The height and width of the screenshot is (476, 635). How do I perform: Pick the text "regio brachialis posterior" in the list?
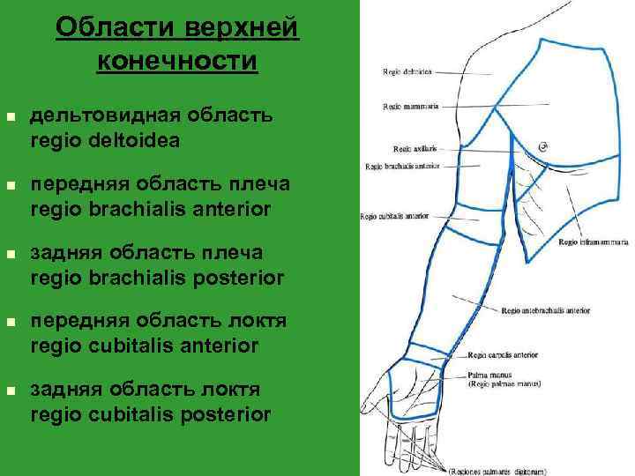(x=157, y=278)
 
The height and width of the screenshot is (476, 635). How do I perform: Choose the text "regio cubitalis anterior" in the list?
(x=145, y=346)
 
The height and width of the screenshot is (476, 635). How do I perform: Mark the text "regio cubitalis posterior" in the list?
(x=150, y=414)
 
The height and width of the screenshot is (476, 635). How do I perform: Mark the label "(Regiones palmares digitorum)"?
(x=498, y=471)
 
